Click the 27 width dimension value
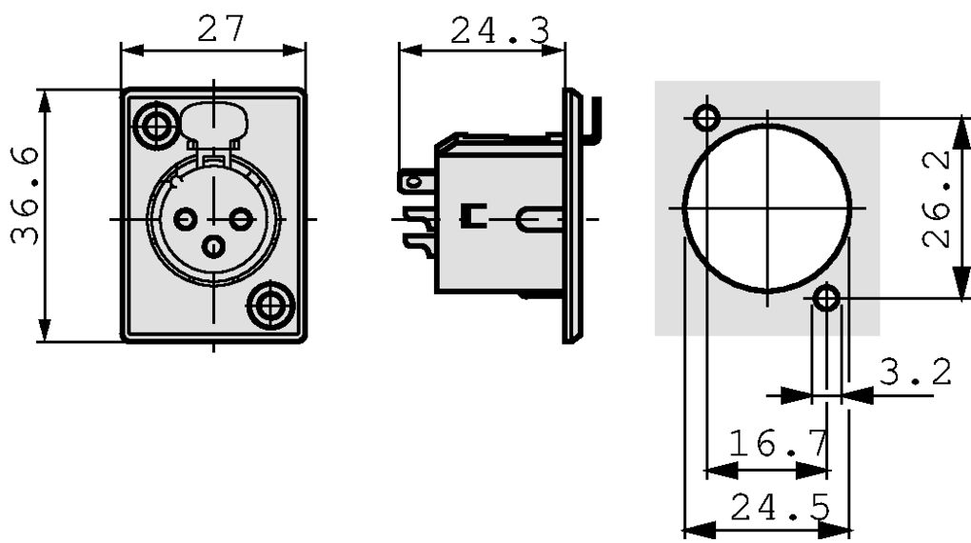[221, 29]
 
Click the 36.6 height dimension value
[26, 195]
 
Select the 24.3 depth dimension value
[500, 30]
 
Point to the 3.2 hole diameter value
[914, 372]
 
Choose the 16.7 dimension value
[778, 443]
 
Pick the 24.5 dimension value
[780, 509]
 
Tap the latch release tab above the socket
[215, 123]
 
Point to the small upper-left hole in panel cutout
[705, 118]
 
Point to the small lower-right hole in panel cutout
[827, 299]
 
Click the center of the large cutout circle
[766, 207]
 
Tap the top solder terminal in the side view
[417, 180]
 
